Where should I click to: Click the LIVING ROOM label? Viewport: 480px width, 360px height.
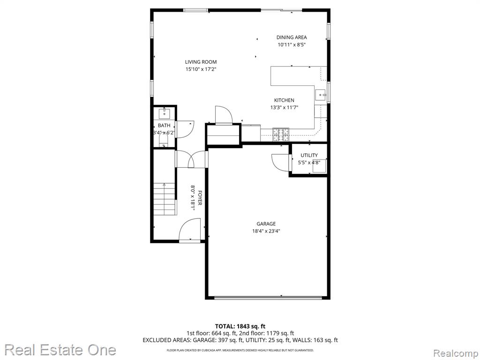[201, 62]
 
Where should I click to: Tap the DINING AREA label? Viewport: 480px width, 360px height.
[292, 37]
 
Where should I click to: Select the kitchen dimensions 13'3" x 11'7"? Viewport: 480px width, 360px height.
[284, 107]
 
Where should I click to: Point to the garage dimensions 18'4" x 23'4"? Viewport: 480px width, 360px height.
[266, 231]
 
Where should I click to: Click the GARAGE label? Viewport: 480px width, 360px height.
[266, 224]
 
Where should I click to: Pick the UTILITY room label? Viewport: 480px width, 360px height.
[309, 155]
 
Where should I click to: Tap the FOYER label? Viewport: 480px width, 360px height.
[200, 198]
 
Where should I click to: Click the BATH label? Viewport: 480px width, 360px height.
[164, 126]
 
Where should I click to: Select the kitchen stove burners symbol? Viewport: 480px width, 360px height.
[281, 135]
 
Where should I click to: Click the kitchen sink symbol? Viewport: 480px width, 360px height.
[321, 95]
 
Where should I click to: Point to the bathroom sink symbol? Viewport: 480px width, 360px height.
[165, 113]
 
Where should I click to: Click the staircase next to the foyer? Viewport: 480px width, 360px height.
[165, 199]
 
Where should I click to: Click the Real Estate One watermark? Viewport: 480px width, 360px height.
[60, 350]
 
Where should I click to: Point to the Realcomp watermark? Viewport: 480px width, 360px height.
[456, 353]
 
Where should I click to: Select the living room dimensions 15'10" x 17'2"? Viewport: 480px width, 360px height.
[201, 69]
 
